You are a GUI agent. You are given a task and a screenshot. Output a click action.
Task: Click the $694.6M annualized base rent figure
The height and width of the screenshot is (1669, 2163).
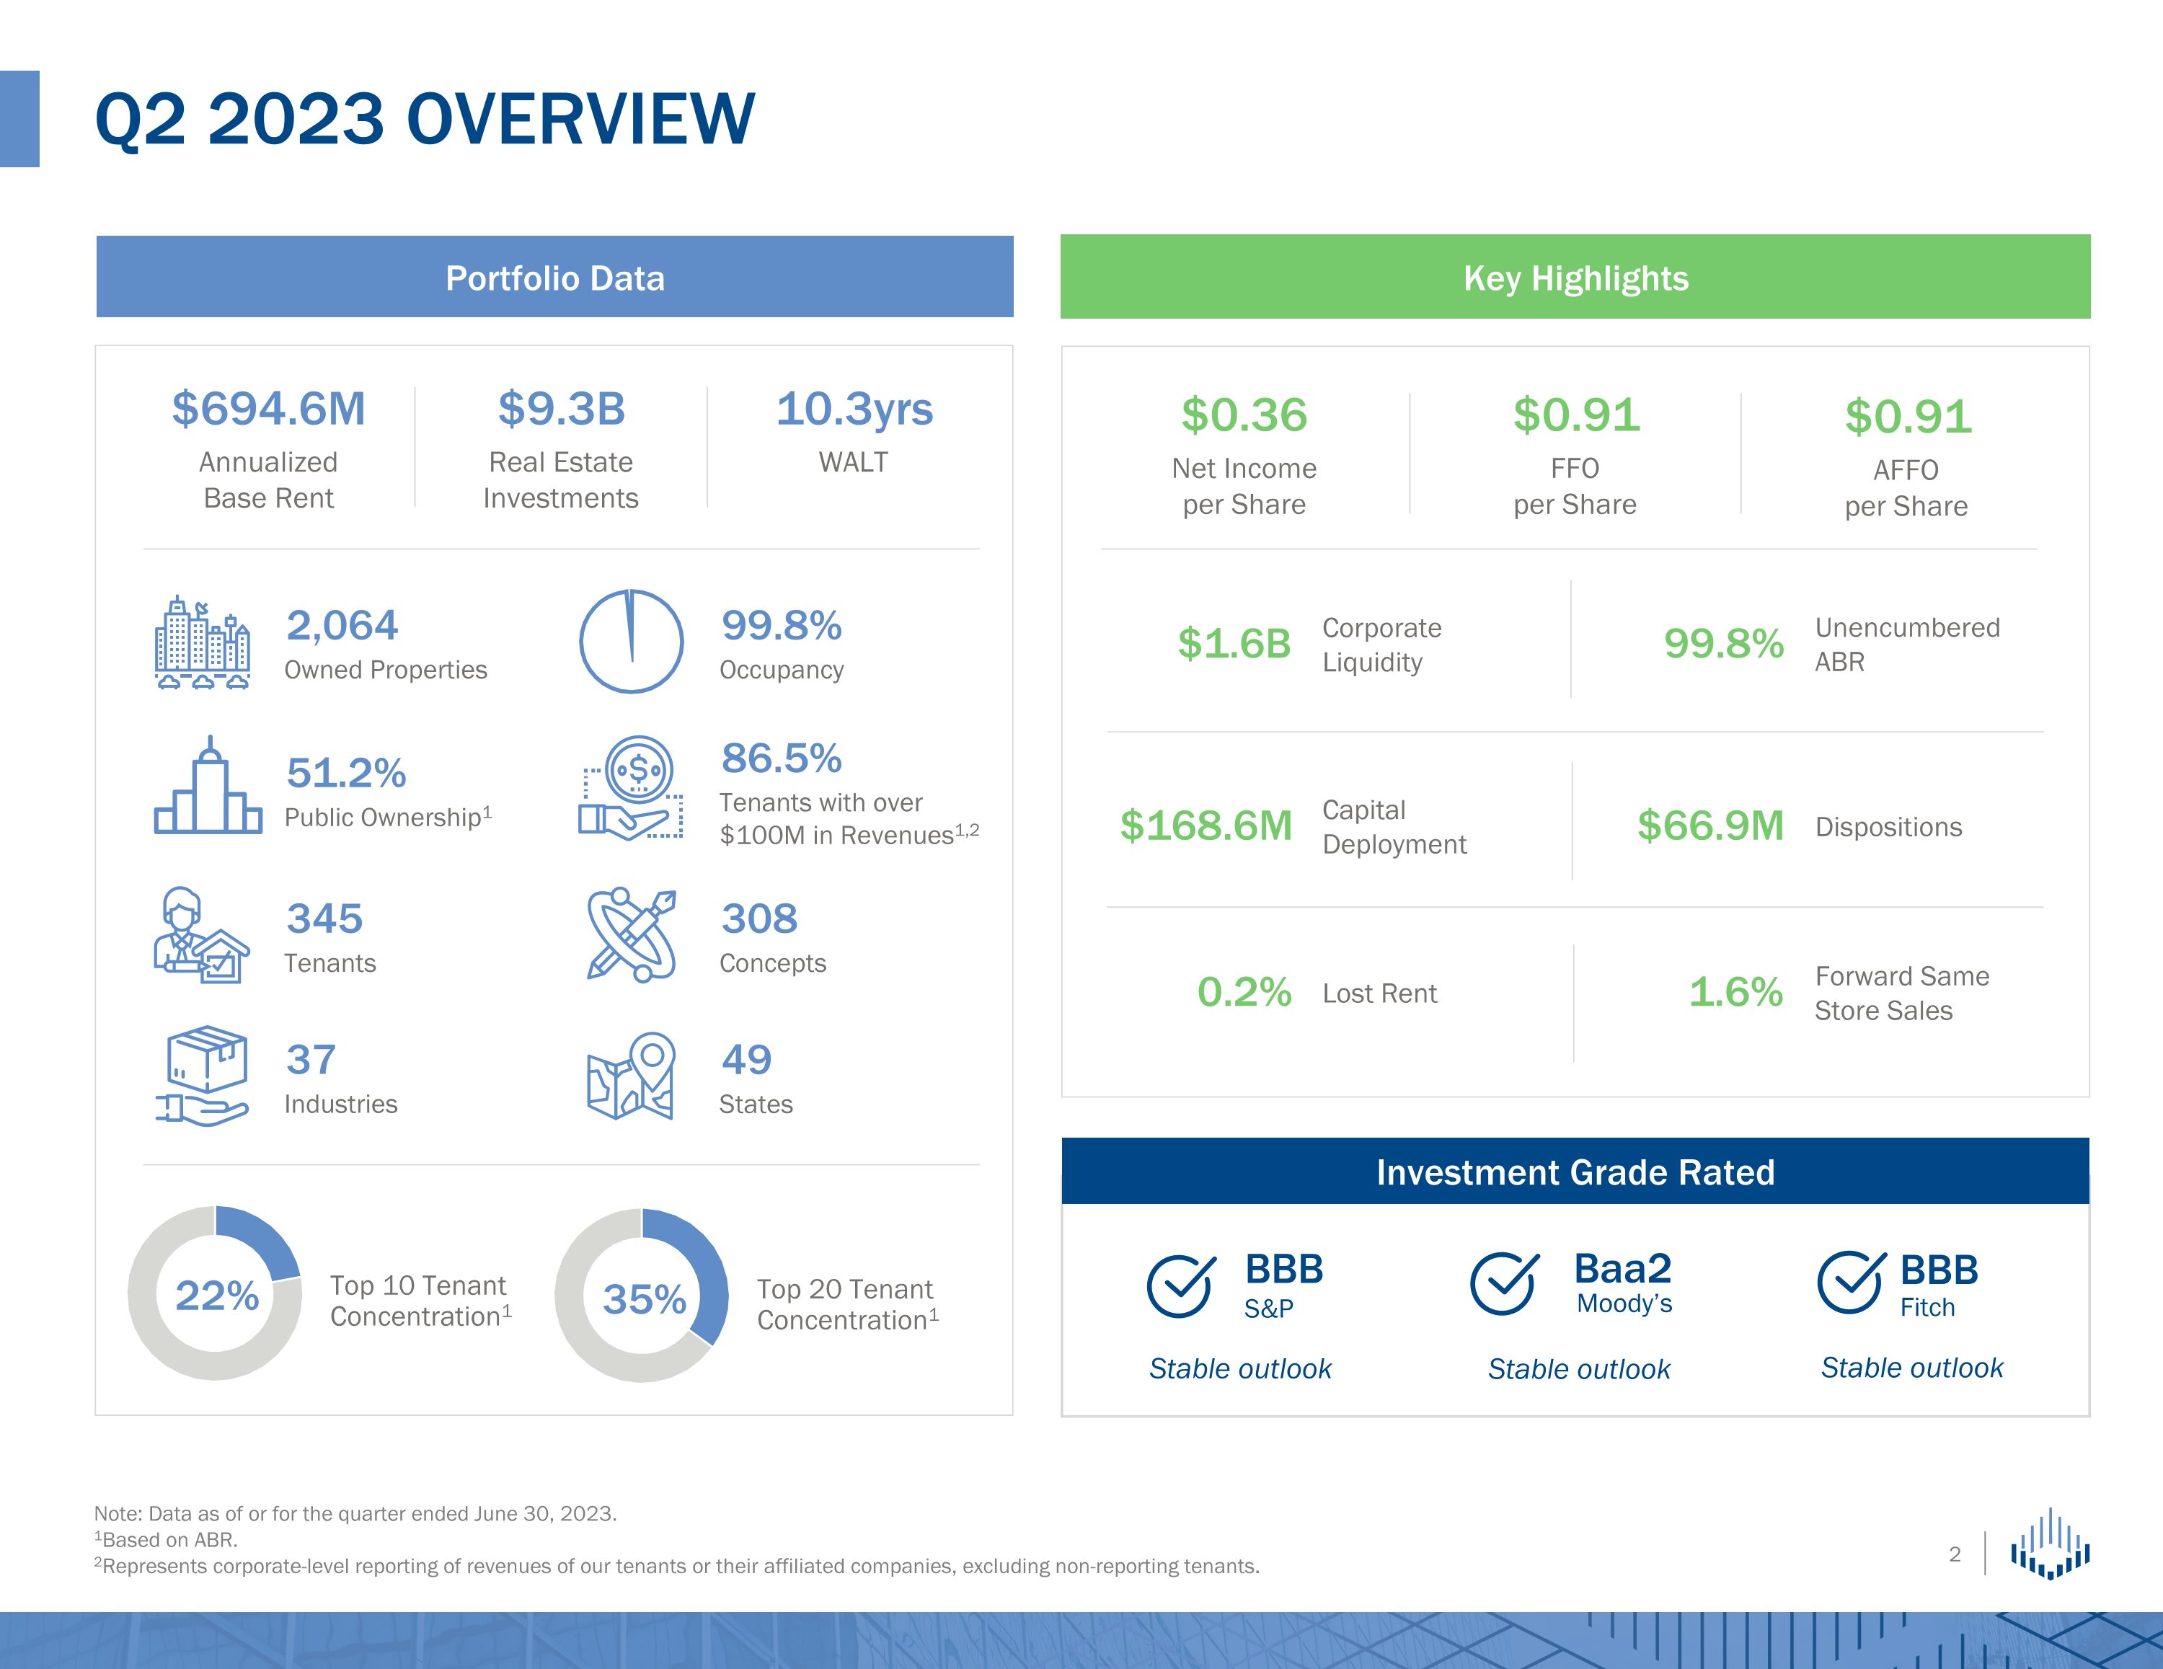coord(268,409)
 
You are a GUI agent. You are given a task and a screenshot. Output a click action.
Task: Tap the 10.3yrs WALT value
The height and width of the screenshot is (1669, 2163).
coord(854,409)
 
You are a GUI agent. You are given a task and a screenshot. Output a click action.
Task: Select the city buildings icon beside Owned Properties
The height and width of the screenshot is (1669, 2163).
coord(202,643)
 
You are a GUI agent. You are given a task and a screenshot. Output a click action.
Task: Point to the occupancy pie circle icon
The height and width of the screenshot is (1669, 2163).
coord(631,642)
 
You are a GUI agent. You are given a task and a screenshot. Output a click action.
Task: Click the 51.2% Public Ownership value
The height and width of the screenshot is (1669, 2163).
coord(345,773)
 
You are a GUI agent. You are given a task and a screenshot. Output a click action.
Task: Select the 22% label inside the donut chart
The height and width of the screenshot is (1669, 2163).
coord(217,1296)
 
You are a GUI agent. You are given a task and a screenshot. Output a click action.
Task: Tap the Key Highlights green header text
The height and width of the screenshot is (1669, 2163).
coord(1575,278)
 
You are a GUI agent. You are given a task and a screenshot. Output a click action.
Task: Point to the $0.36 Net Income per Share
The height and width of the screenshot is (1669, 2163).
coord(1244,415)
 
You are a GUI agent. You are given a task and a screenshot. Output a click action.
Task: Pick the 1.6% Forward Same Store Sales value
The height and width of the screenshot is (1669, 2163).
coord(1735,991)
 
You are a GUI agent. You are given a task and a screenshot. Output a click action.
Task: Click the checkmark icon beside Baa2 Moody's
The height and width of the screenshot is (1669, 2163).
coord(1503,1284)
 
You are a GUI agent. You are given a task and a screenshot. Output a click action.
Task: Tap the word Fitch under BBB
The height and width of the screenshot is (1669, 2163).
coord(1927,1308)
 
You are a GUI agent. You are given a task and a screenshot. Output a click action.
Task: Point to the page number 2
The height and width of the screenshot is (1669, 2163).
coord(1954,1554)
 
